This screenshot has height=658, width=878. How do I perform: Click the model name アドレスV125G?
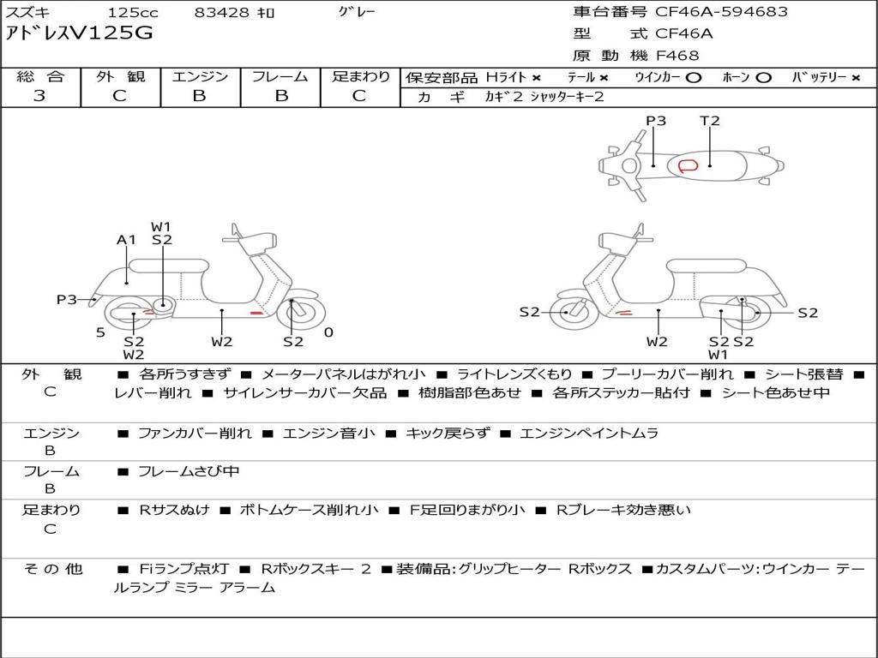coord(79,33)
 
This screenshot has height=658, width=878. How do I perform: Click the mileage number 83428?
coord(221,13)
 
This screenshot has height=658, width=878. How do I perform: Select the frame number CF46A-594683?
coord(721,12)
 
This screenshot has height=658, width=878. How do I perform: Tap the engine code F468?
coord(677,56)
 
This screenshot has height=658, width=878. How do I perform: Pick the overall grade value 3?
coord(39,96)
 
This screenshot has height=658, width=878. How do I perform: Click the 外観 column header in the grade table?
coord(120,76)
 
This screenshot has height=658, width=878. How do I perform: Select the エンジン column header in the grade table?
coord(200,76)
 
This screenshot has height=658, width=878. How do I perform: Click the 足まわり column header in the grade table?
coord(360,76)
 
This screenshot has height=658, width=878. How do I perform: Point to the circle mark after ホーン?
coord(763,78)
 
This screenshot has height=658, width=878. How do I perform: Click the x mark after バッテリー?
coord(855,78)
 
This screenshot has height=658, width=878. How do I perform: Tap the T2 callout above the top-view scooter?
coord(709,120)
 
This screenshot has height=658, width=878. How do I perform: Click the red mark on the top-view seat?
coord(689,165)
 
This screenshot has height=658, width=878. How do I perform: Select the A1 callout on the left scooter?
coord(127,240)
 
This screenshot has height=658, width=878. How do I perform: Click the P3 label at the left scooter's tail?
coord(67,299)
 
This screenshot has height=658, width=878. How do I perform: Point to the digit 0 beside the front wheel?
coord(328,332)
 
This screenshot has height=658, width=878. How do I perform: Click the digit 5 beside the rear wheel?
coord(100,332)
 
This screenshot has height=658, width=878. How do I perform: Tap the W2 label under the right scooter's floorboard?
coord(657,341)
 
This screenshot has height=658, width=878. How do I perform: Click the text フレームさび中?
coord(189,472)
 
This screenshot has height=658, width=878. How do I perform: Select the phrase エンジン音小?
coord(328,433)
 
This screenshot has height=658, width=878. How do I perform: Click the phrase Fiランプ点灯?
coord(183,569)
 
